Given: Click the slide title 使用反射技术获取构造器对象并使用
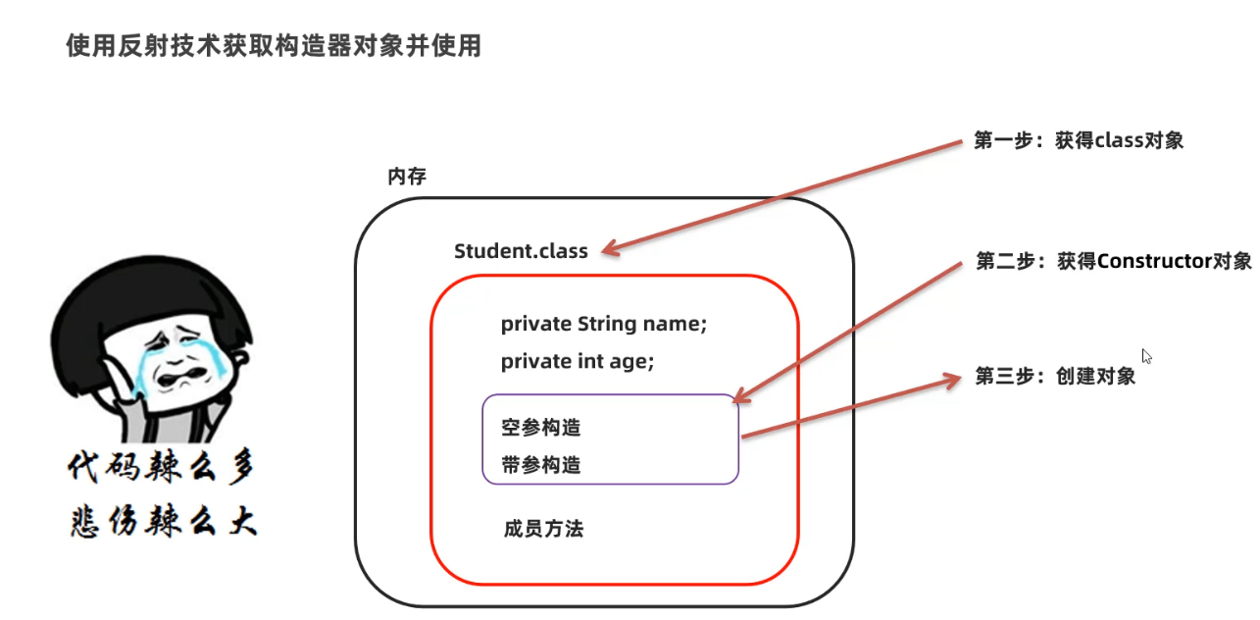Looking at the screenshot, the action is pos(274,45).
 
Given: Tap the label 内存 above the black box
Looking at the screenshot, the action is pos(407,177).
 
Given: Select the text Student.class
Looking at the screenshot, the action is pos(521,251).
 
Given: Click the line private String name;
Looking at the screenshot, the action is pos(603,324).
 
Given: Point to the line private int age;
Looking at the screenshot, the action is pos(577,361).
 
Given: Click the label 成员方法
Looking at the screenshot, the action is pos(543,529).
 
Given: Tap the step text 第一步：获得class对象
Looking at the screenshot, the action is pos(1079,140).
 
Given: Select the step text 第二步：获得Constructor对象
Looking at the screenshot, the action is pos(1114,261).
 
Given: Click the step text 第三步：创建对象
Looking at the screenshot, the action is pos(1055,376).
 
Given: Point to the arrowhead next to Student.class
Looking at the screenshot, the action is pos(611,250).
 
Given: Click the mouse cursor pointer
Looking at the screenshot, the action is pos(1146,356).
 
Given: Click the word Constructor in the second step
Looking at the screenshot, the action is pos(1155,261).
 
